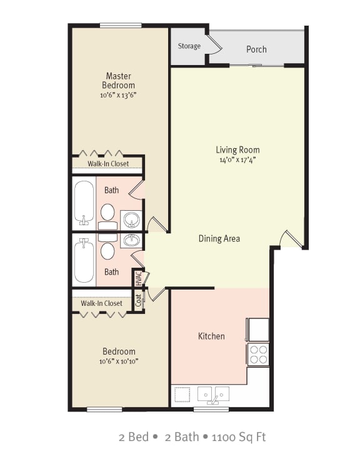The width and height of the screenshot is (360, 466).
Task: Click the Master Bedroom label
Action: (x=118, y=80)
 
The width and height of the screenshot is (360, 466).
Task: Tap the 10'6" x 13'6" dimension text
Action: (x=117, y=96)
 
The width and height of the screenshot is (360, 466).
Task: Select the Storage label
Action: (x=189, y=46)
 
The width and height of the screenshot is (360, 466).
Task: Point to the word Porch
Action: (x=256, y=49)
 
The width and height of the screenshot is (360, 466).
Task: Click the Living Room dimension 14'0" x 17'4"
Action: (x=237, y=160)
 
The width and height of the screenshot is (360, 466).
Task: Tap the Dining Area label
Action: (x=219, y=238)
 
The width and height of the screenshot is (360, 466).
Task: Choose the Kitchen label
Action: (x=211, y=337)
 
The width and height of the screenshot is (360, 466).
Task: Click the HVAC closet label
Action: (x=138, y=278)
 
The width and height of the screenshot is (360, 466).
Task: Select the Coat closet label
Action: (x=138, y=300)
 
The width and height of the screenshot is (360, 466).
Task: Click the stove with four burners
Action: (x=258, y=355)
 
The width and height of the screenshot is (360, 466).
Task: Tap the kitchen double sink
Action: (x=213, y=394)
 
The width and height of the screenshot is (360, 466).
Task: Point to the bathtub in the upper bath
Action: (x=84, y=202)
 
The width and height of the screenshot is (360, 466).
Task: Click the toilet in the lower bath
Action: (x=107, y=251)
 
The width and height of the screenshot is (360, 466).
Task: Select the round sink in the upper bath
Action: (x=131, y=220)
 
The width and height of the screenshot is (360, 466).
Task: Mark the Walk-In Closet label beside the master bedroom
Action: (x=108, y=164)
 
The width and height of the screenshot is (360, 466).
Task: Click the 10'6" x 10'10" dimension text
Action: (x=117, y=362)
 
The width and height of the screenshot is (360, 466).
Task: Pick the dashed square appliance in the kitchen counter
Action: (x=182, y=394)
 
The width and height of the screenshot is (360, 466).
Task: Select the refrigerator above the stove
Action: (x=258, y=329)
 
